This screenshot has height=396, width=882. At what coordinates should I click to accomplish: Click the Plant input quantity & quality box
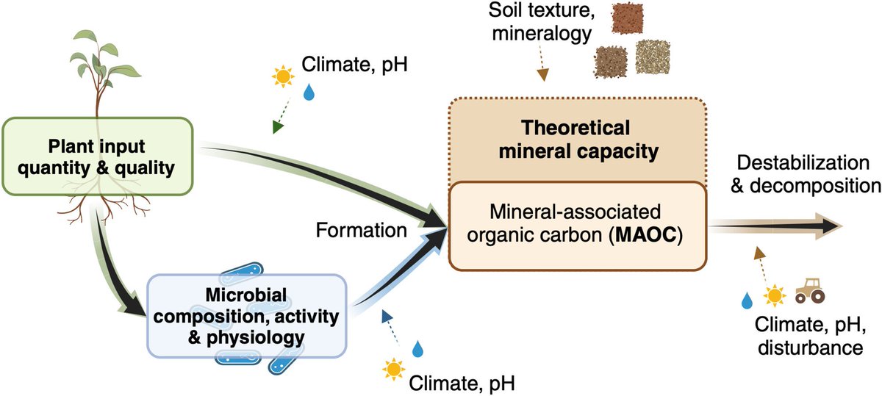click(x=100, y=157)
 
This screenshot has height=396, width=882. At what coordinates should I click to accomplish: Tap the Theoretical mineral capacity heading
click(x=577, y=140)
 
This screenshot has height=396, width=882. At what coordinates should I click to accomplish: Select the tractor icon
click(x=811, y=290)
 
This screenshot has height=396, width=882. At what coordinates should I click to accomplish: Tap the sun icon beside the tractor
click(x=773, y=296)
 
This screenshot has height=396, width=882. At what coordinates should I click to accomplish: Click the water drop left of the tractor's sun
click(x=747, y=300)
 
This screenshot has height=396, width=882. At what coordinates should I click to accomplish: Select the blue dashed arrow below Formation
click(x=390, y=325)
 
